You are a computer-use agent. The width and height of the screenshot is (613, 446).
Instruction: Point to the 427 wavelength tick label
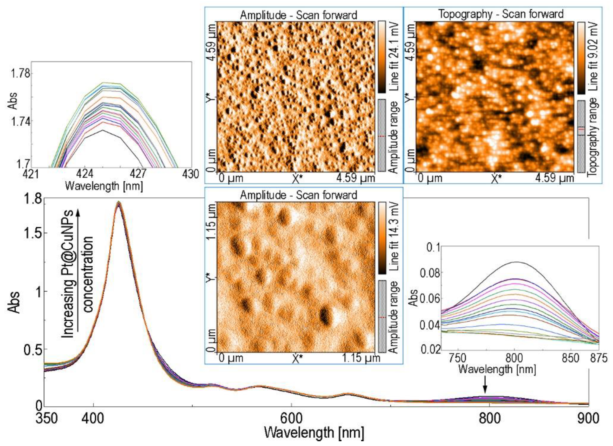click(x=138, y=174)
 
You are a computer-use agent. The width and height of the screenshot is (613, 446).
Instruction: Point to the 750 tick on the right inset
click(x=458, y=358)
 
